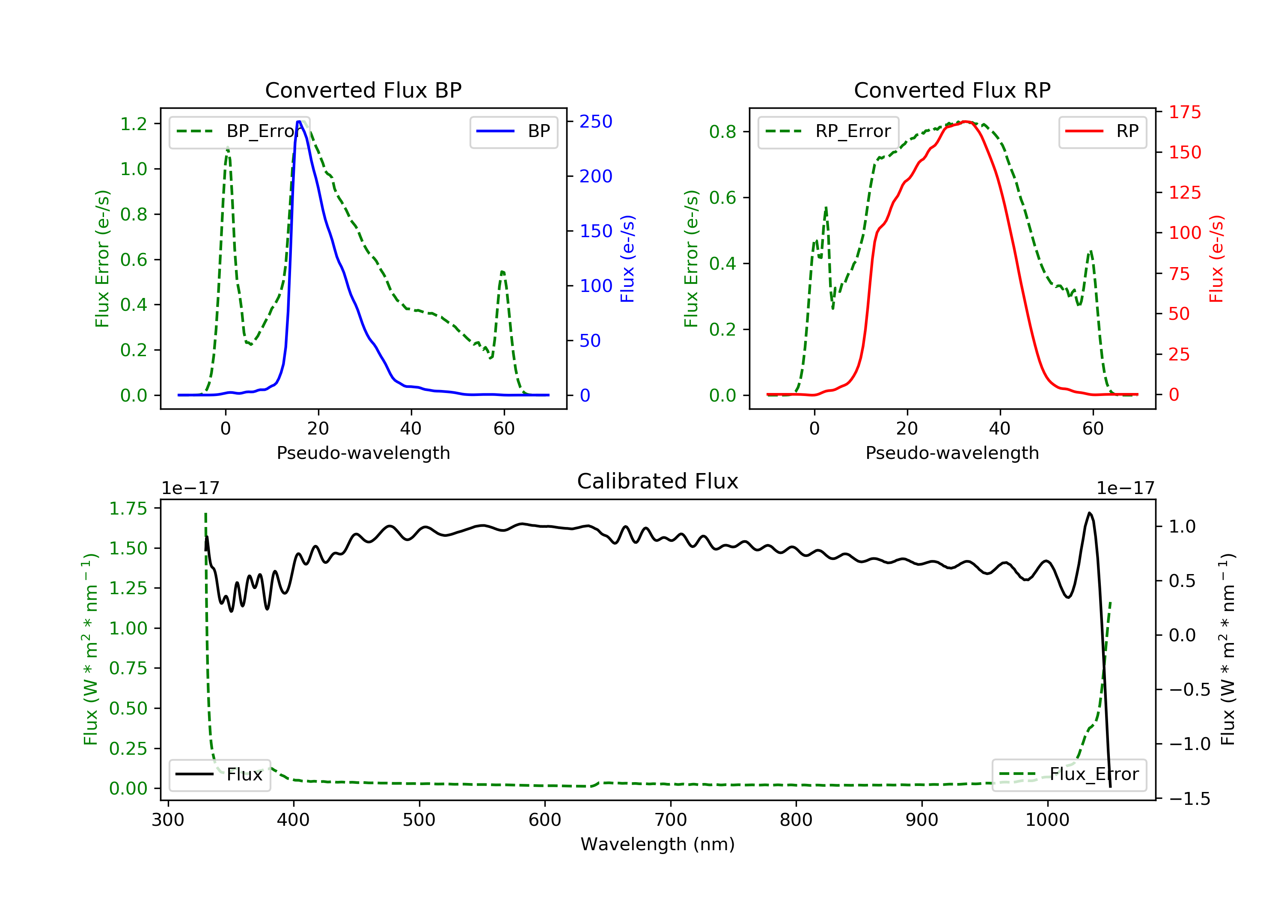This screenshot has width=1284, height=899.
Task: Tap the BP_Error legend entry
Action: pyautogui.click(x=239, y=131)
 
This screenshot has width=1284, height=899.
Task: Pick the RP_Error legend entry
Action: pyautogui.click(x=828, y=131)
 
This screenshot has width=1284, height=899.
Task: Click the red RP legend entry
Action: pyautogui.click(x=1102, y=131)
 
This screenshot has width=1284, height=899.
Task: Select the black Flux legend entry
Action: pyautogui.click(x=220, y=775)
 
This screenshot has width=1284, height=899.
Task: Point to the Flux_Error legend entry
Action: pyautogui.click(x=1069, y=775)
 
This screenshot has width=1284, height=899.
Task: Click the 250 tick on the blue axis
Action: pyautogui.click(x=596, y=122)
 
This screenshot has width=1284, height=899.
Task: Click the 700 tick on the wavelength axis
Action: pyautogui.click(x=671, y=820)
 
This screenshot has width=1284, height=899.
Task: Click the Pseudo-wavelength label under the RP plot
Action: pyautogui.click(x=952, y=453)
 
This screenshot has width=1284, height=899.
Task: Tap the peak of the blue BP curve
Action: pyautogui.click(x=299, y=122)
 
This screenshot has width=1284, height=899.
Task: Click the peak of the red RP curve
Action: pyautogui.click(x=966, y=122)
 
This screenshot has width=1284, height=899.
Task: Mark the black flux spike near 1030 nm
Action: pyautogui.click(x=1089, y=513)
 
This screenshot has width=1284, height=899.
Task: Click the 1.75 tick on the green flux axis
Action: pyautogui.click(x=128, y=509)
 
